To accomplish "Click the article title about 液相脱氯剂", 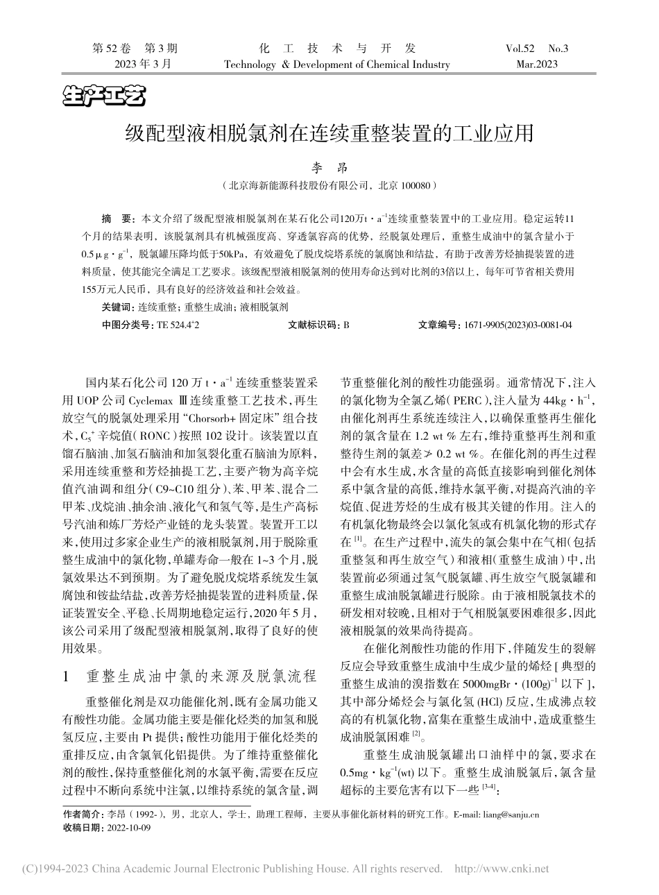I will coord(329,133).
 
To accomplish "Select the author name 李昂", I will coord(329,169).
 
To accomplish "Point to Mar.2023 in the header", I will coord(536,65).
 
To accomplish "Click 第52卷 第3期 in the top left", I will coord(135,49).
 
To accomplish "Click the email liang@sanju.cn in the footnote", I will coord(510,815).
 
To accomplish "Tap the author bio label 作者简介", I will coord(80,815).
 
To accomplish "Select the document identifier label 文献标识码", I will coord(310,324).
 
